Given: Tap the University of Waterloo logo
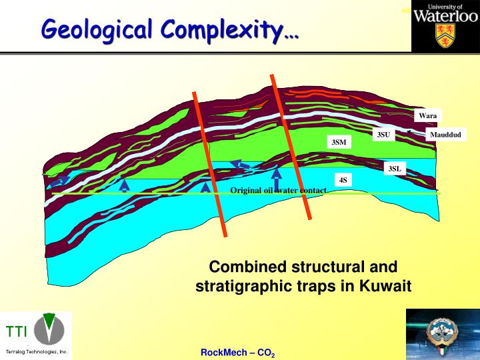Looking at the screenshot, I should pos(445,25).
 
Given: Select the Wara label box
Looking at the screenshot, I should pos(427,116).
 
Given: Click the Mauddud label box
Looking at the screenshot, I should pos(445,135).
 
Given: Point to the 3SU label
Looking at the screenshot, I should pos(383,135).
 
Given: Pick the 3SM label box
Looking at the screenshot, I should pos(339,142).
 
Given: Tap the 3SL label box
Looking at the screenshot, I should pos(395,169).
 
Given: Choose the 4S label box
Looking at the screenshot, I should pos(343,180).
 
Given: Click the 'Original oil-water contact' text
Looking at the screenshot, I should pos(278,191).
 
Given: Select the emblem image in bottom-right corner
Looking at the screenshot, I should pos(443,334).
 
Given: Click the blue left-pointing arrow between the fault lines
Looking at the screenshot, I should pos(237,165).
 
